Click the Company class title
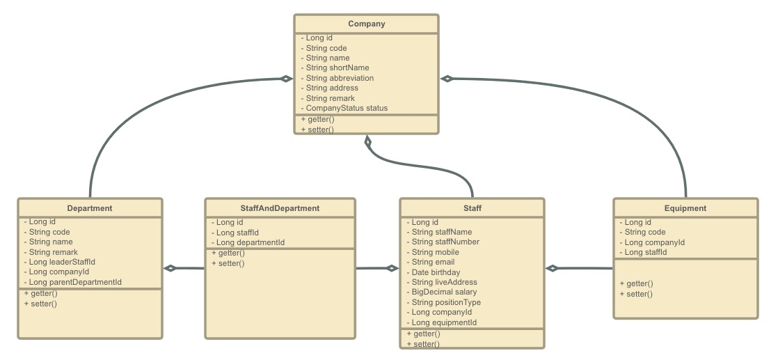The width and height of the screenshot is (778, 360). click(x=366, y=24)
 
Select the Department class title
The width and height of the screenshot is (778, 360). click(x=90, y=208)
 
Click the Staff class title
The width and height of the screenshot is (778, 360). click(x=472, y=208)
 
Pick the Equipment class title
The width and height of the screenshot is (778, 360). click(x=685, y=208)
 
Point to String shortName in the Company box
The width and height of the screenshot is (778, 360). click(x=337, y=68)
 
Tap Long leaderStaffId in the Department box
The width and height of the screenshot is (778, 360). click(x=62, y=262)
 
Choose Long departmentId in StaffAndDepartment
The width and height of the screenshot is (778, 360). click(x=250, y=242)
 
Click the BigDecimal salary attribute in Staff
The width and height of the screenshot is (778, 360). click(x=444, y=292)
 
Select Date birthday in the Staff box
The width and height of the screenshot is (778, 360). click(x=436, y=272)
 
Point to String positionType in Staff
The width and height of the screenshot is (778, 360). click(x=446, y=302)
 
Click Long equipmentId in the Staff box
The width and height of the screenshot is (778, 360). click(x=444, y=322)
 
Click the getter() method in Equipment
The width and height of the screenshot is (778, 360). click(x=636, y=283)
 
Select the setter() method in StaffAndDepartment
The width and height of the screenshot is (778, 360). click(x=228, y=263)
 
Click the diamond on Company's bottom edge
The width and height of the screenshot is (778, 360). click(x=368, y=142)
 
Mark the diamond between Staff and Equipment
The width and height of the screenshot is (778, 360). click(x=552, y=268)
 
